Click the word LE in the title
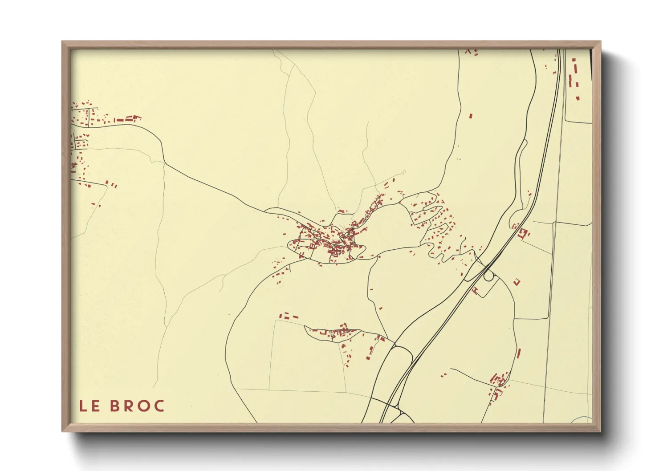(x=89, y=406)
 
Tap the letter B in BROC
(x=114, y=406)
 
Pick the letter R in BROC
(x=129, y=406)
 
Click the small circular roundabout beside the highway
(x=489, y=276)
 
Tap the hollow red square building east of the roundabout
(x=517, y=281)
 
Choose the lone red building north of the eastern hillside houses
(x=471, y=116)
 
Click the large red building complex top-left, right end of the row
(x=134, y=118)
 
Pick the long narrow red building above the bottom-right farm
(x=519, y=353)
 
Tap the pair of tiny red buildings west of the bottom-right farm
(x=443, y=375)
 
